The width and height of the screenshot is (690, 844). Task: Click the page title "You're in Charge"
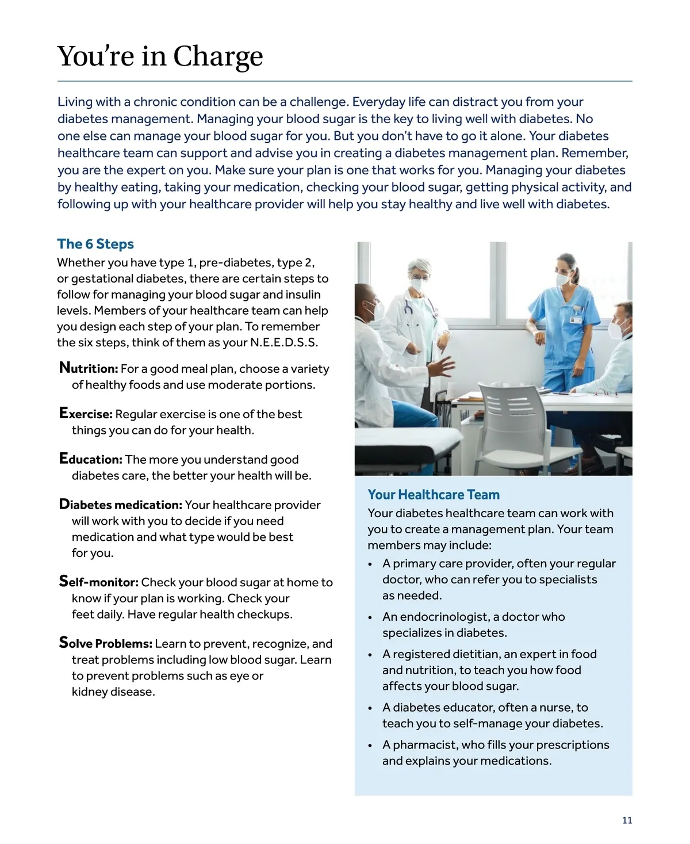coord(160,56)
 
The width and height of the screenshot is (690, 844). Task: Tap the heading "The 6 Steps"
coord(95,244)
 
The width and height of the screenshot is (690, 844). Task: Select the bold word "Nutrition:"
coord(89,368)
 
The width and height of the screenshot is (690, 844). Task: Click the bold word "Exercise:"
coord(86,414)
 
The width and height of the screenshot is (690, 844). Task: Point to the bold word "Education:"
coord(91,459)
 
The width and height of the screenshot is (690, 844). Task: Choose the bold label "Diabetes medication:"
coord(121,505)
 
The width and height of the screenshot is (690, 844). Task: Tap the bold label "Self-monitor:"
coord(99,582)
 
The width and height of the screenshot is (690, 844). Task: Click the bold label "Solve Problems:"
coord(106,643)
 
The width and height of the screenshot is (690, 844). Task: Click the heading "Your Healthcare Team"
coord(434,495)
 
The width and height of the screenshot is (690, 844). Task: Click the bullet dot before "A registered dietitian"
coord(371,655)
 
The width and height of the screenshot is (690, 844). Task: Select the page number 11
coord(627,820)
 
